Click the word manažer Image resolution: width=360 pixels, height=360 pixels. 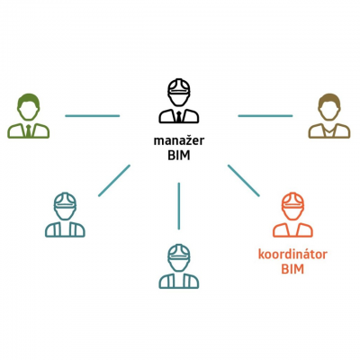click(179, 140)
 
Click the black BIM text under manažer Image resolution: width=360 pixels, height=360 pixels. click(179, 156)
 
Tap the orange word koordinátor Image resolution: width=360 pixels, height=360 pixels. click(292, 255)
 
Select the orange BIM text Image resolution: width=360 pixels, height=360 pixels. click(292, 269)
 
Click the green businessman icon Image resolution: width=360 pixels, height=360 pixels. click(29, 116)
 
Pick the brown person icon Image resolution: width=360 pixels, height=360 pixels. click(329, 116)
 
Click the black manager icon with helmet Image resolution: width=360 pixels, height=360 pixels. click(179, 101)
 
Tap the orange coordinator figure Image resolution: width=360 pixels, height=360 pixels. click(292, 215)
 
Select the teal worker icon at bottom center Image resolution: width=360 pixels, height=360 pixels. click(179, 266)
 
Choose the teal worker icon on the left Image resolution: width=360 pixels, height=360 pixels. click(65, 215)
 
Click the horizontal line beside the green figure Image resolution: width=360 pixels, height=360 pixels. click(93, 116)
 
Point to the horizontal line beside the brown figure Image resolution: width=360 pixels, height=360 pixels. click(265, 116)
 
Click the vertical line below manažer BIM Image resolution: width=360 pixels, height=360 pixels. click(179, 206)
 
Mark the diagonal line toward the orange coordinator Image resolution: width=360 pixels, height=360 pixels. click(244, 181)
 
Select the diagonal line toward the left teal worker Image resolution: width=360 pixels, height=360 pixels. click(114, 181)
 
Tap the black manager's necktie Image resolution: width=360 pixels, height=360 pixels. click(179, 116)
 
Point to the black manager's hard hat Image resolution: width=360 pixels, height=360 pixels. click(179, 87)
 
